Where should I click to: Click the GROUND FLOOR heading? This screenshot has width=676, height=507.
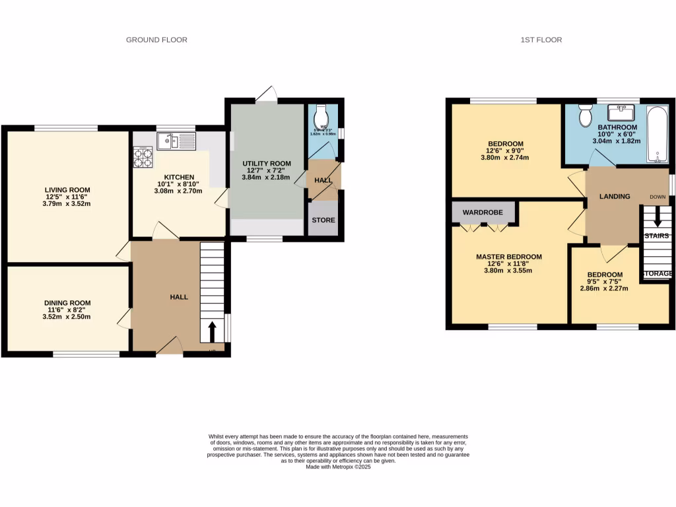pyautogui.click(x=156, y=40)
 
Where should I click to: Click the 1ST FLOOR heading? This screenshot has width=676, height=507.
pyautogui.click(x=540, y=40)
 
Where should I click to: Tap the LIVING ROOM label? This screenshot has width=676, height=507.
pyautogui.click(x=64, y=188)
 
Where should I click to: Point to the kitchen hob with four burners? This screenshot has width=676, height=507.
pyautogui.click(x=143, y=157)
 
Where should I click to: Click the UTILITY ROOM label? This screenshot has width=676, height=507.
pyautogui.click(x=266, y=163)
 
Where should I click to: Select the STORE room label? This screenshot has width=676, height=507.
pyautogui.click(x=323, y=220)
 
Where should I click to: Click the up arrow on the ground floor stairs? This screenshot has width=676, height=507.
pyautogui.click(x=212, y=328)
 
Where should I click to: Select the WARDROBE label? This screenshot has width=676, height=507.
pyautogui.click(x=482, y=213)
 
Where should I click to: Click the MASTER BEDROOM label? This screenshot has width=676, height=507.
pyautogui.click(x=509, y=257)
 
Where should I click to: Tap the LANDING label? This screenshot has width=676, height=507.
pyautogui.click(x=614, y=196)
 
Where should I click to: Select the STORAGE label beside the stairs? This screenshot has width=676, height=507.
pyautogui.click(x=658, y=273)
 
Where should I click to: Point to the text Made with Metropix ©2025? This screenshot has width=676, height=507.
pyautogui.click(x=339, y=467)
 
